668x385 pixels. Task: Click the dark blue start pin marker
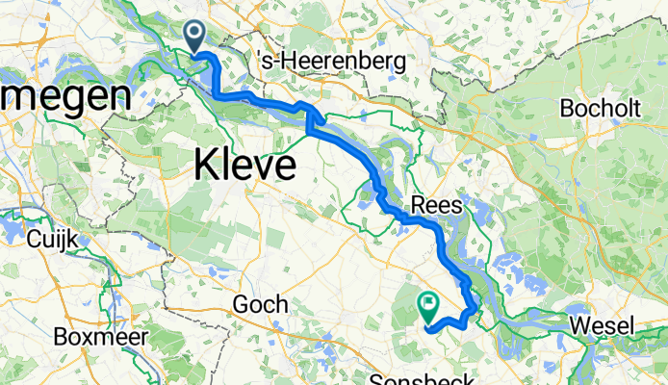point(193,37)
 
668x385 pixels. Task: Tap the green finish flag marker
point(428,307)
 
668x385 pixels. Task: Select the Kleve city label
point(244,166)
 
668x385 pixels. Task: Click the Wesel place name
point(603,326)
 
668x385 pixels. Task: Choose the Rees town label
point(438,205)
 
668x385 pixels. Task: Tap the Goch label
point(261,304)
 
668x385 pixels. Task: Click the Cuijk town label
point(54,237)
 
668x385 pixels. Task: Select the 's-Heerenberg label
point(334,61)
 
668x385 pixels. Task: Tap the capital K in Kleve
point(206,166)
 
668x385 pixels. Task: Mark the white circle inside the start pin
point(193,33)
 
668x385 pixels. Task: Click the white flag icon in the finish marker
point(428,304)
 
